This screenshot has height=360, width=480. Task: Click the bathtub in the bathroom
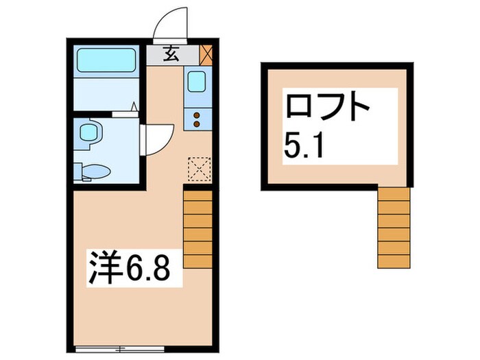(x=106, y=62)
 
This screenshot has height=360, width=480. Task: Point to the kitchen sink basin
(x=196, y=82)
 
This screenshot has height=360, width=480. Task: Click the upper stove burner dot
(x=197, y=115)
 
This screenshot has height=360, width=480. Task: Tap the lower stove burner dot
(x=197, y=124)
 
